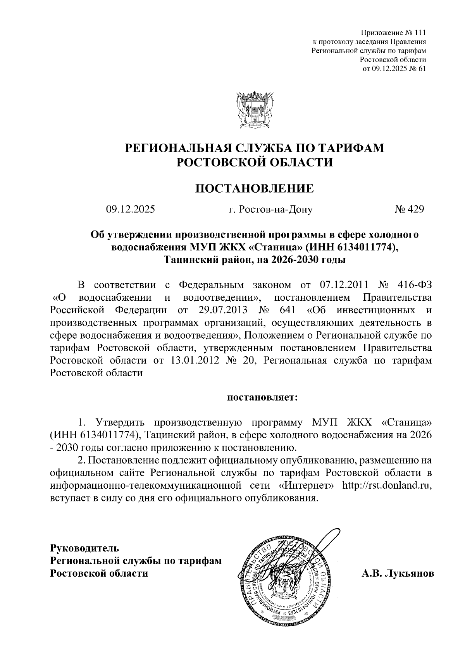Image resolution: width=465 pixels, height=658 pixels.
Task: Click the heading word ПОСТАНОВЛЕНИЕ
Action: click(254, 189)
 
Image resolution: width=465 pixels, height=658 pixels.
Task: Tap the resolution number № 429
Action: click(410, 210)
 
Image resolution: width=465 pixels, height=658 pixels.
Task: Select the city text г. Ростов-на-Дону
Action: click(270, 210)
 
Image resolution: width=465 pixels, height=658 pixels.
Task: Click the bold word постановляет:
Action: click(262, 398)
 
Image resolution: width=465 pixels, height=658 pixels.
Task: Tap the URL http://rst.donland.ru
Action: click(387, 486)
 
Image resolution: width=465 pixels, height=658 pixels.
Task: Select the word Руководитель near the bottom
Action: click(84, 548)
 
